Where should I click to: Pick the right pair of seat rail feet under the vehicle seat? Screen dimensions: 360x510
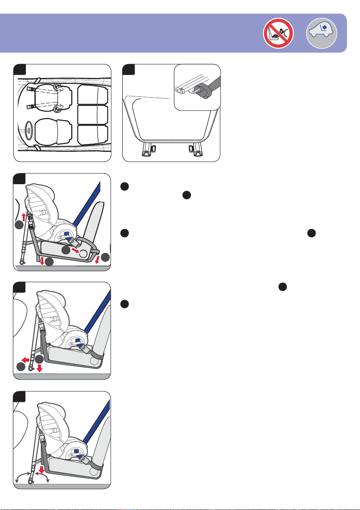coord(196,151)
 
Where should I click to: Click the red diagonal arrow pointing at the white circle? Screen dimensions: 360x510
coord(75,249)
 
